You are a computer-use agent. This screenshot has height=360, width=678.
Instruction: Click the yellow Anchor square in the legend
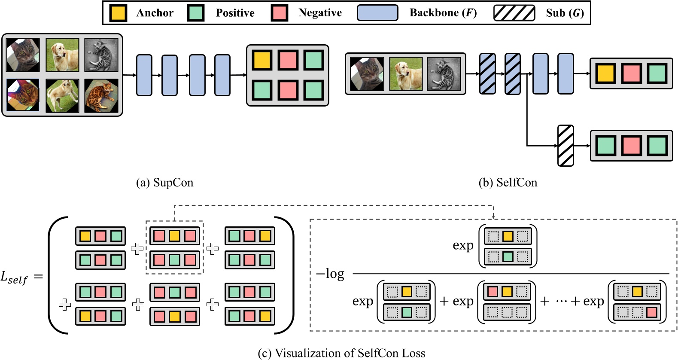click(118, 13)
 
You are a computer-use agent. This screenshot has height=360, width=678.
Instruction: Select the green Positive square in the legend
click(196, 13)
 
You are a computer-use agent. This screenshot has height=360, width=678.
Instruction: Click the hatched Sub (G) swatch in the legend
click(514, 13)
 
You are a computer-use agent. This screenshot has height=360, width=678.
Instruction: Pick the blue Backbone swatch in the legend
click(377, 13)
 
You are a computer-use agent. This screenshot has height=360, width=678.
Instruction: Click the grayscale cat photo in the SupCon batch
click(101, 55)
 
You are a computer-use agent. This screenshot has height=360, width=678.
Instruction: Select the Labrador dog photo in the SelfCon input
click(406, 74)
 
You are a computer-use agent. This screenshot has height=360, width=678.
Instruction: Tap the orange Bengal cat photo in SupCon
click(101, 95)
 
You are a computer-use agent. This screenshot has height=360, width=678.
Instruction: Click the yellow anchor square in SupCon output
click(261, 60)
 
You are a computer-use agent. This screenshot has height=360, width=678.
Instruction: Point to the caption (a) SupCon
click(165, 183)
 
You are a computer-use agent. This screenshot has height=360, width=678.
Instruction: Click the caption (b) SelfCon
click(508, 183)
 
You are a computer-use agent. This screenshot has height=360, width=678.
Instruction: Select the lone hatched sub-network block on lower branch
click(566, 146)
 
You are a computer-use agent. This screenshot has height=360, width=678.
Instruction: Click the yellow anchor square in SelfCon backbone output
click(605, 73)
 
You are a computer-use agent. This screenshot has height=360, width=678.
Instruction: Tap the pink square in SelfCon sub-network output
click(631, 146)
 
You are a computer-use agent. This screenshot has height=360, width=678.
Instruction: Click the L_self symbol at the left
click(14, 278)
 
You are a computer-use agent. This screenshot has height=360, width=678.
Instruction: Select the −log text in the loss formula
click(330, 274)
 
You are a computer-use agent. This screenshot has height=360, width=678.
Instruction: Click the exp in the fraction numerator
click(463, 245)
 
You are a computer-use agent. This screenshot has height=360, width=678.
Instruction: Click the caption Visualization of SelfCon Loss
click(341, 353)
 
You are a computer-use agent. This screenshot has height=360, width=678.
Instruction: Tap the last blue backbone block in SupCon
click(222, 75)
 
